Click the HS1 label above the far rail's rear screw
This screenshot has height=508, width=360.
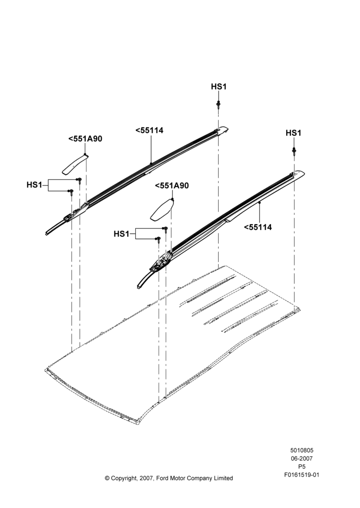[x=219, y=87]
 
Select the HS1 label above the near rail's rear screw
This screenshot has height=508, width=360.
[x=293, y=133]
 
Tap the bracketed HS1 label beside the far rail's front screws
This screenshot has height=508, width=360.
[x=35, y=185]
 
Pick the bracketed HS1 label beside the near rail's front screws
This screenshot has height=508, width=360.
[x=122, y=234]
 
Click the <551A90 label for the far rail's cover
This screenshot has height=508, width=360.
[x=85, y=139]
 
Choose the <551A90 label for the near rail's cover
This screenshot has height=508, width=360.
[x=172, y=186]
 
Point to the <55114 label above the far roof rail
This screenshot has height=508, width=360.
[x=149, y=131]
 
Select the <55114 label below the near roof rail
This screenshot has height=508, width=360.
[x=258, y=228]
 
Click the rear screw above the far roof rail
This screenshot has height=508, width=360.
[x=218, y=105]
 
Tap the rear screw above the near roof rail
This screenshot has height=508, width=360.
[x=294, y=151]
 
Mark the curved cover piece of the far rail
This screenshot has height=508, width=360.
[x=75, y=165]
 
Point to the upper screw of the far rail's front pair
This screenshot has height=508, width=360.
[x=79, y=180]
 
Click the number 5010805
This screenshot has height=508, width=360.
[x=302, y=450]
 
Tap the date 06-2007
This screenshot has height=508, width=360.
[x=302, y=458]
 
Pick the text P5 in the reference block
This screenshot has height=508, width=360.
[x=302, y=467]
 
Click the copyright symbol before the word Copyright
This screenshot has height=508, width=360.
[x=107, y=478]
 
